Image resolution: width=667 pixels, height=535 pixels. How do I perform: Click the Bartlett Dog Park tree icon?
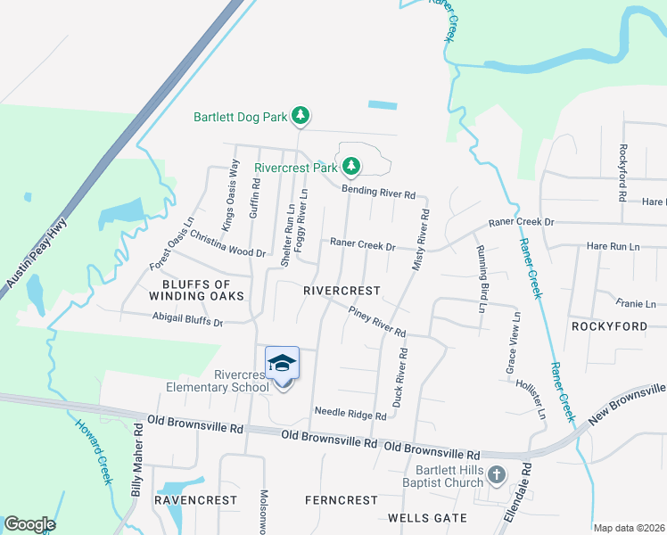click(301, 116)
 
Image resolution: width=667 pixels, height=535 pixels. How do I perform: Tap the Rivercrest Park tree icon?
click(352, 166)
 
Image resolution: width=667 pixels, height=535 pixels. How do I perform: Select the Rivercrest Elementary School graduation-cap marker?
click(282, 364)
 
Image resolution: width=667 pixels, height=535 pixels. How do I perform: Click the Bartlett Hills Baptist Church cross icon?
click(498, 476)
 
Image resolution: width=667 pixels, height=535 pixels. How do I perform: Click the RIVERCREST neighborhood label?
click(342, 292)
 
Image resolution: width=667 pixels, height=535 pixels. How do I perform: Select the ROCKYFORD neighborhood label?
click(609, 326)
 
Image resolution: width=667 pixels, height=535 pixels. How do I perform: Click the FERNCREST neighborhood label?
click(341, 500)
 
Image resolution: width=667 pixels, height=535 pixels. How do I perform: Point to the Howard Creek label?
click(93, 452)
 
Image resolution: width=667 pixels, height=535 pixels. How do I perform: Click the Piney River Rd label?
click(377, 322)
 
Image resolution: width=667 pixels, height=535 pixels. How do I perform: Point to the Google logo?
click(29, 524)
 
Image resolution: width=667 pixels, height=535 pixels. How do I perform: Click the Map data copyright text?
click(629, 528)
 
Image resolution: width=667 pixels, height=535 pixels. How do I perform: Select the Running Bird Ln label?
click(481, 279)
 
